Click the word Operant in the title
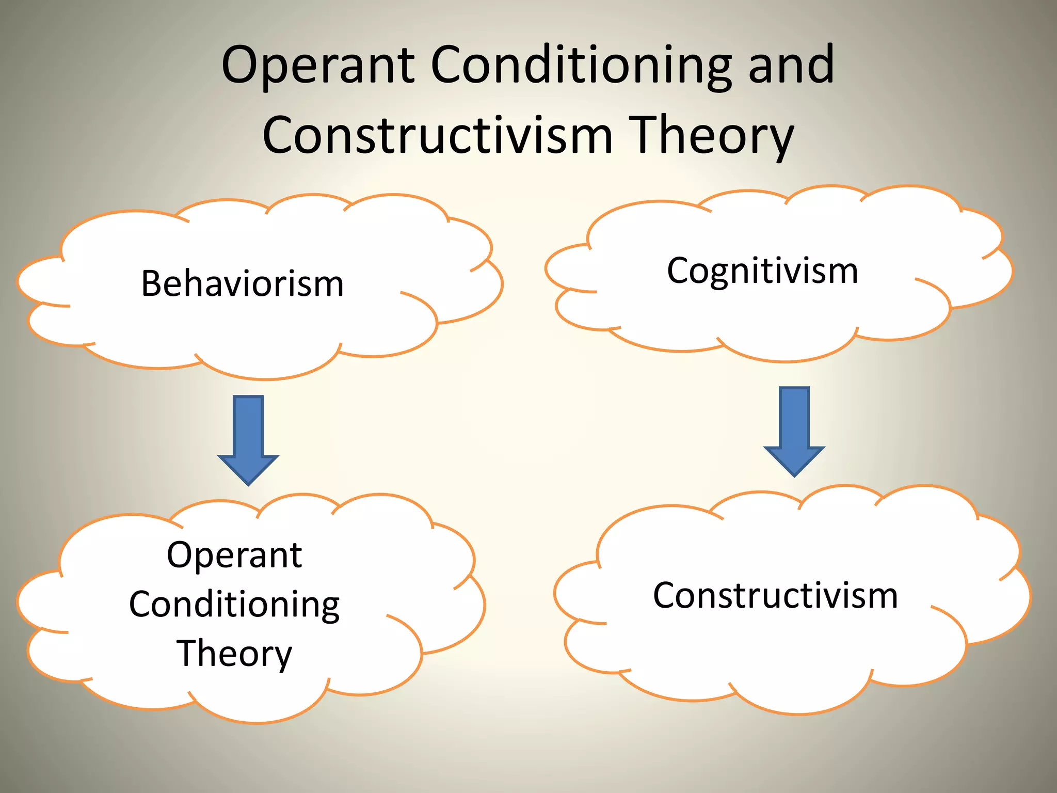pos(318,66)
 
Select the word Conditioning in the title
pos(581,66)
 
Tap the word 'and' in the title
pos(791,66)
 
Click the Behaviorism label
pos(243,284)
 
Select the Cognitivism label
pos(762,271)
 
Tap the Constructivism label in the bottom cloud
pos(775,596)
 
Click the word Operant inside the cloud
pos(234,556)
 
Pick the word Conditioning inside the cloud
pos(234,605)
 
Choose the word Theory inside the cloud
pos(234,654)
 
